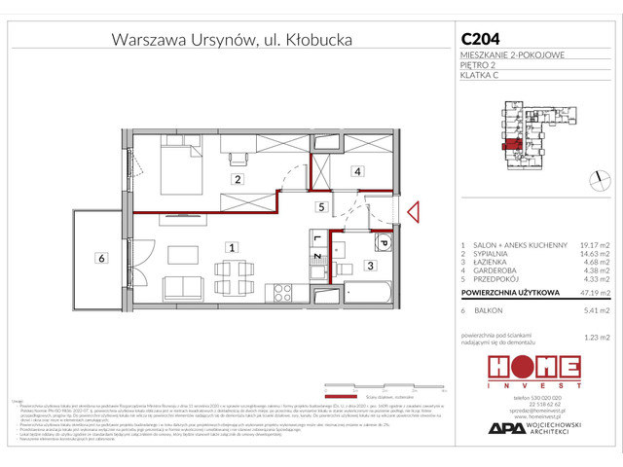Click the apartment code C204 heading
click(482, 40)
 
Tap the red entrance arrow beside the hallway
click(414, 212)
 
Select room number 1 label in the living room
click(230, 248)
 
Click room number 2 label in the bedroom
click(236, 180)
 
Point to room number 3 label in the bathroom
click(371, 265)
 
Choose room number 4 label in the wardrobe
click(357, 171)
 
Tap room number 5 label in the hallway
click(319, 207)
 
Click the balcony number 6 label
click(99, 258)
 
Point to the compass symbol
click(595, 178)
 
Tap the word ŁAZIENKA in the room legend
click(490, 262)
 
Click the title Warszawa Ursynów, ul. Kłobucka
click(232, 40)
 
